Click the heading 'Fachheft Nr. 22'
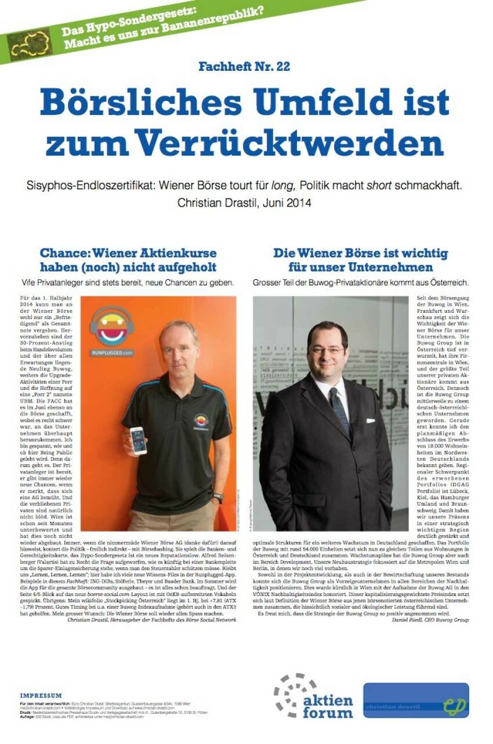click(244, 66)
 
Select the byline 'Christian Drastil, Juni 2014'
click(244, 203)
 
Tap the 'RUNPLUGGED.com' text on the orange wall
click(112, 352)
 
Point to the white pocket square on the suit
click(370, 421)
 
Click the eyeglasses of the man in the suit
click(328, 350)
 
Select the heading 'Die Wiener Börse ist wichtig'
click(361, 254)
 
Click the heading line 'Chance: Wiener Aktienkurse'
click(128, 254)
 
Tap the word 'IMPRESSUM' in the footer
click(41, 695)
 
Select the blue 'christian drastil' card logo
click(416, 700)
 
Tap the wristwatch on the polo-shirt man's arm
click(217, 498)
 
